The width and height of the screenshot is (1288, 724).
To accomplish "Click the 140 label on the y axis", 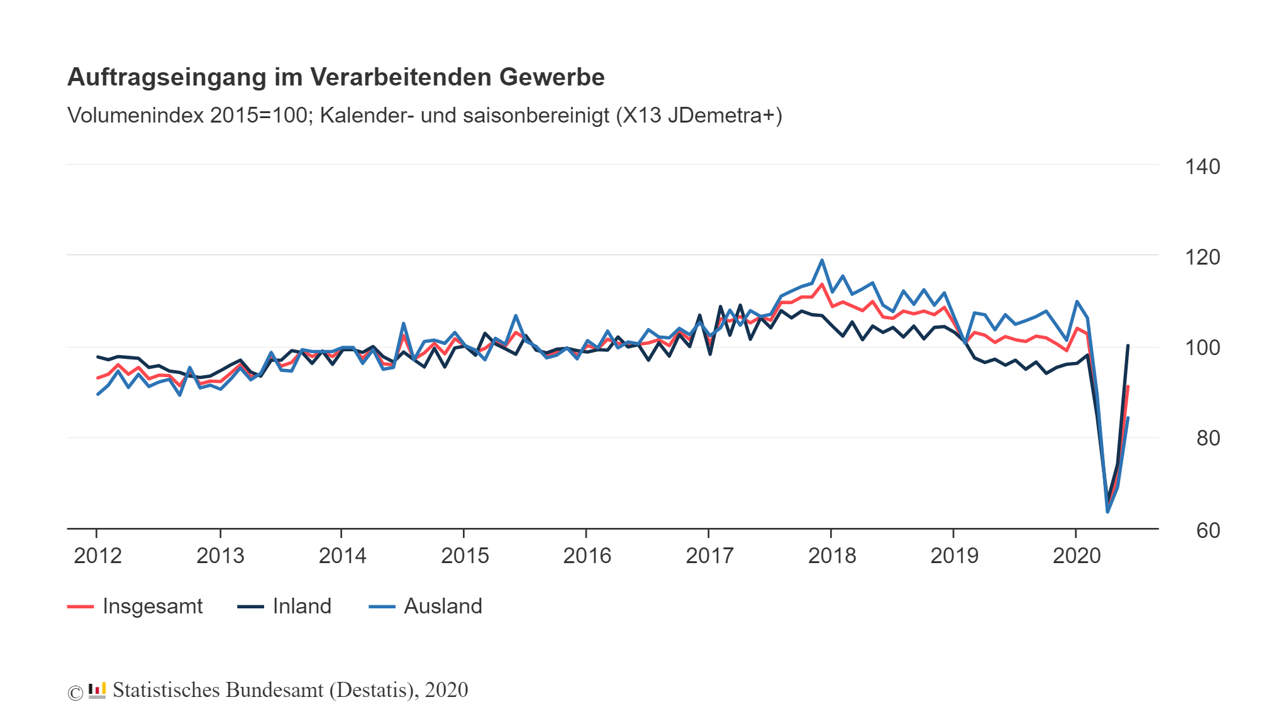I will tap(1202, 167).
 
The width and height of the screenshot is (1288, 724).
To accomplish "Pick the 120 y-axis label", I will tap(1202, 257).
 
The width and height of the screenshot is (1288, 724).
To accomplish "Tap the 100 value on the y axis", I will tap(1202, 348).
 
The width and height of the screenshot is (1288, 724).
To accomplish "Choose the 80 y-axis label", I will tap(1207, 438).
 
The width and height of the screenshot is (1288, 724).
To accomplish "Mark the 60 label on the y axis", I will tap(1207, 530).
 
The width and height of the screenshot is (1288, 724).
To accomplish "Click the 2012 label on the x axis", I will tap(97, 556).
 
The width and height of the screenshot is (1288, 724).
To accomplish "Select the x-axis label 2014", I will tap(342, 556).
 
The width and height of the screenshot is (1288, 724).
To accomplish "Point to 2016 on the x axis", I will tap(587, 556).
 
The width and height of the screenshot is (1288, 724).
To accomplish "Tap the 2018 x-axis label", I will tap(831, 556).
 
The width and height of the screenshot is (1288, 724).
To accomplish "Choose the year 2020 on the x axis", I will tap(1077, 556).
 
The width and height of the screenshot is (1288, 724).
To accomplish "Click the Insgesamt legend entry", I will tap(152, 606).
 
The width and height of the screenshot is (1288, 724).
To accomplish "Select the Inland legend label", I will tap(302, 606).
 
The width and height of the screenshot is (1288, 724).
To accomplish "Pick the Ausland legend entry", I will tap(443, 606).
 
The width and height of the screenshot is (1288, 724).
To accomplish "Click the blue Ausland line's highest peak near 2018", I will tap(821, 260).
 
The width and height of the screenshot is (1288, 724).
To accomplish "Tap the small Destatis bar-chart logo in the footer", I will tap(97, 690).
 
